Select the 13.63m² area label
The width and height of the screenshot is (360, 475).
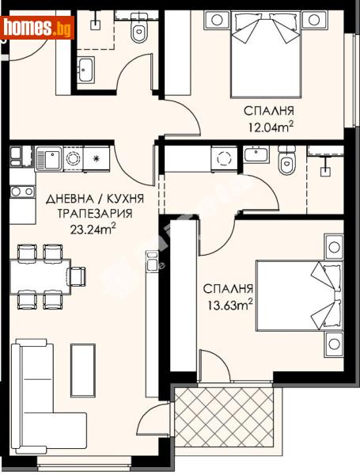(x=227, y=303)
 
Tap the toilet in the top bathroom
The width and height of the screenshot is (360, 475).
(x=140, y=32)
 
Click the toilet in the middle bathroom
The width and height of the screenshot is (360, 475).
(x=286, y=164)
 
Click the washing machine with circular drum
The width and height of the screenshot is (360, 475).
(x=223, y=159)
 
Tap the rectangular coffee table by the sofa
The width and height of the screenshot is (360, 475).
(x=82, y=370)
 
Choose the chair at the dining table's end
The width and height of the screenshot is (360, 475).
(x=78, y=276)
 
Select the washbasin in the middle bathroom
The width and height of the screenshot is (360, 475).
(x=256, y=155)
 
